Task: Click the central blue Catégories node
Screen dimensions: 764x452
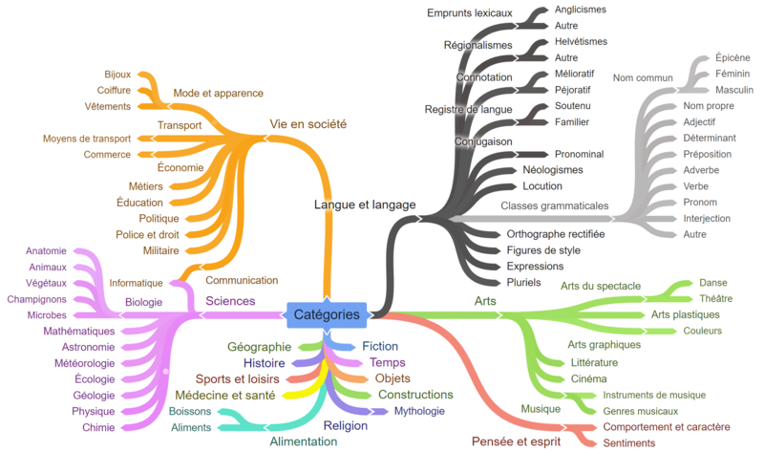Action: [x=327, y=314]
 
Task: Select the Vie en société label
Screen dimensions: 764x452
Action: [x=308, y=124]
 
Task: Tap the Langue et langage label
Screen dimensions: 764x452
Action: [x=365, y=204]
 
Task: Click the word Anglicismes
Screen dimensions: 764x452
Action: [x=581, y=10]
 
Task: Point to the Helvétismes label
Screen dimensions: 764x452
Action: [x=581, y=42]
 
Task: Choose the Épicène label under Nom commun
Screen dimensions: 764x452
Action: [x=732, y=57]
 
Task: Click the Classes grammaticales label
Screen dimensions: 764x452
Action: [x=555, y=205]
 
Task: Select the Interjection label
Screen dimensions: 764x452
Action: [x=707, y=219]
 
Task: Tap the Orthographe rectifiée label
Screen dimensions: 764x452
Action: [x=556, y=234]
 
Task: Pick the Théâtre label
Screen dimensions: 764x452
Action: [x=715, y=298]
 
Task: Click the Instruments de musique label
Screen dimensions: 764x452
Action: [x=654, y=395]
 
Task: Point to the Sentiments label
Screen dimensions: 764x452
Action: [x=629, y=443]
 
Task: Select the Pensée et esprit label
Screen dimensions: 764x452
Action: [x=516, y=441]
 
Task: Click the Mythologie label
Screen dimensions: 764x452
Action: [x=419, y=411]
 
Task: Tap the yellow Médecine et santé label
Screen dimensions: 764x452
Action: [x=225, y=395]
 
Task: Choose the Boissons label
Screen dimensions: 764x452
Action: [x=190, y=412]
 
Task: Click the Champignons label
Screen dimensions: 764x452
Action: [x=36, y=299]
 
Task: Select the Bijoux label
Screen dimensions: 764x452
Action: [x=117, y=75]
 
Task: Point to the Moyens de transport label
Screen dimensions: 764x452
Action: [x=87, y=139]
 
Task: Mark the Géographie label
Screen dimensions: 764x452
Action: [x=259, y=347]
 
